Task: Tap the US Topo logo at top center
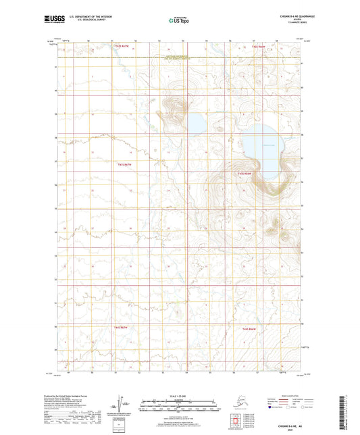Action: click(179, 21)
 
